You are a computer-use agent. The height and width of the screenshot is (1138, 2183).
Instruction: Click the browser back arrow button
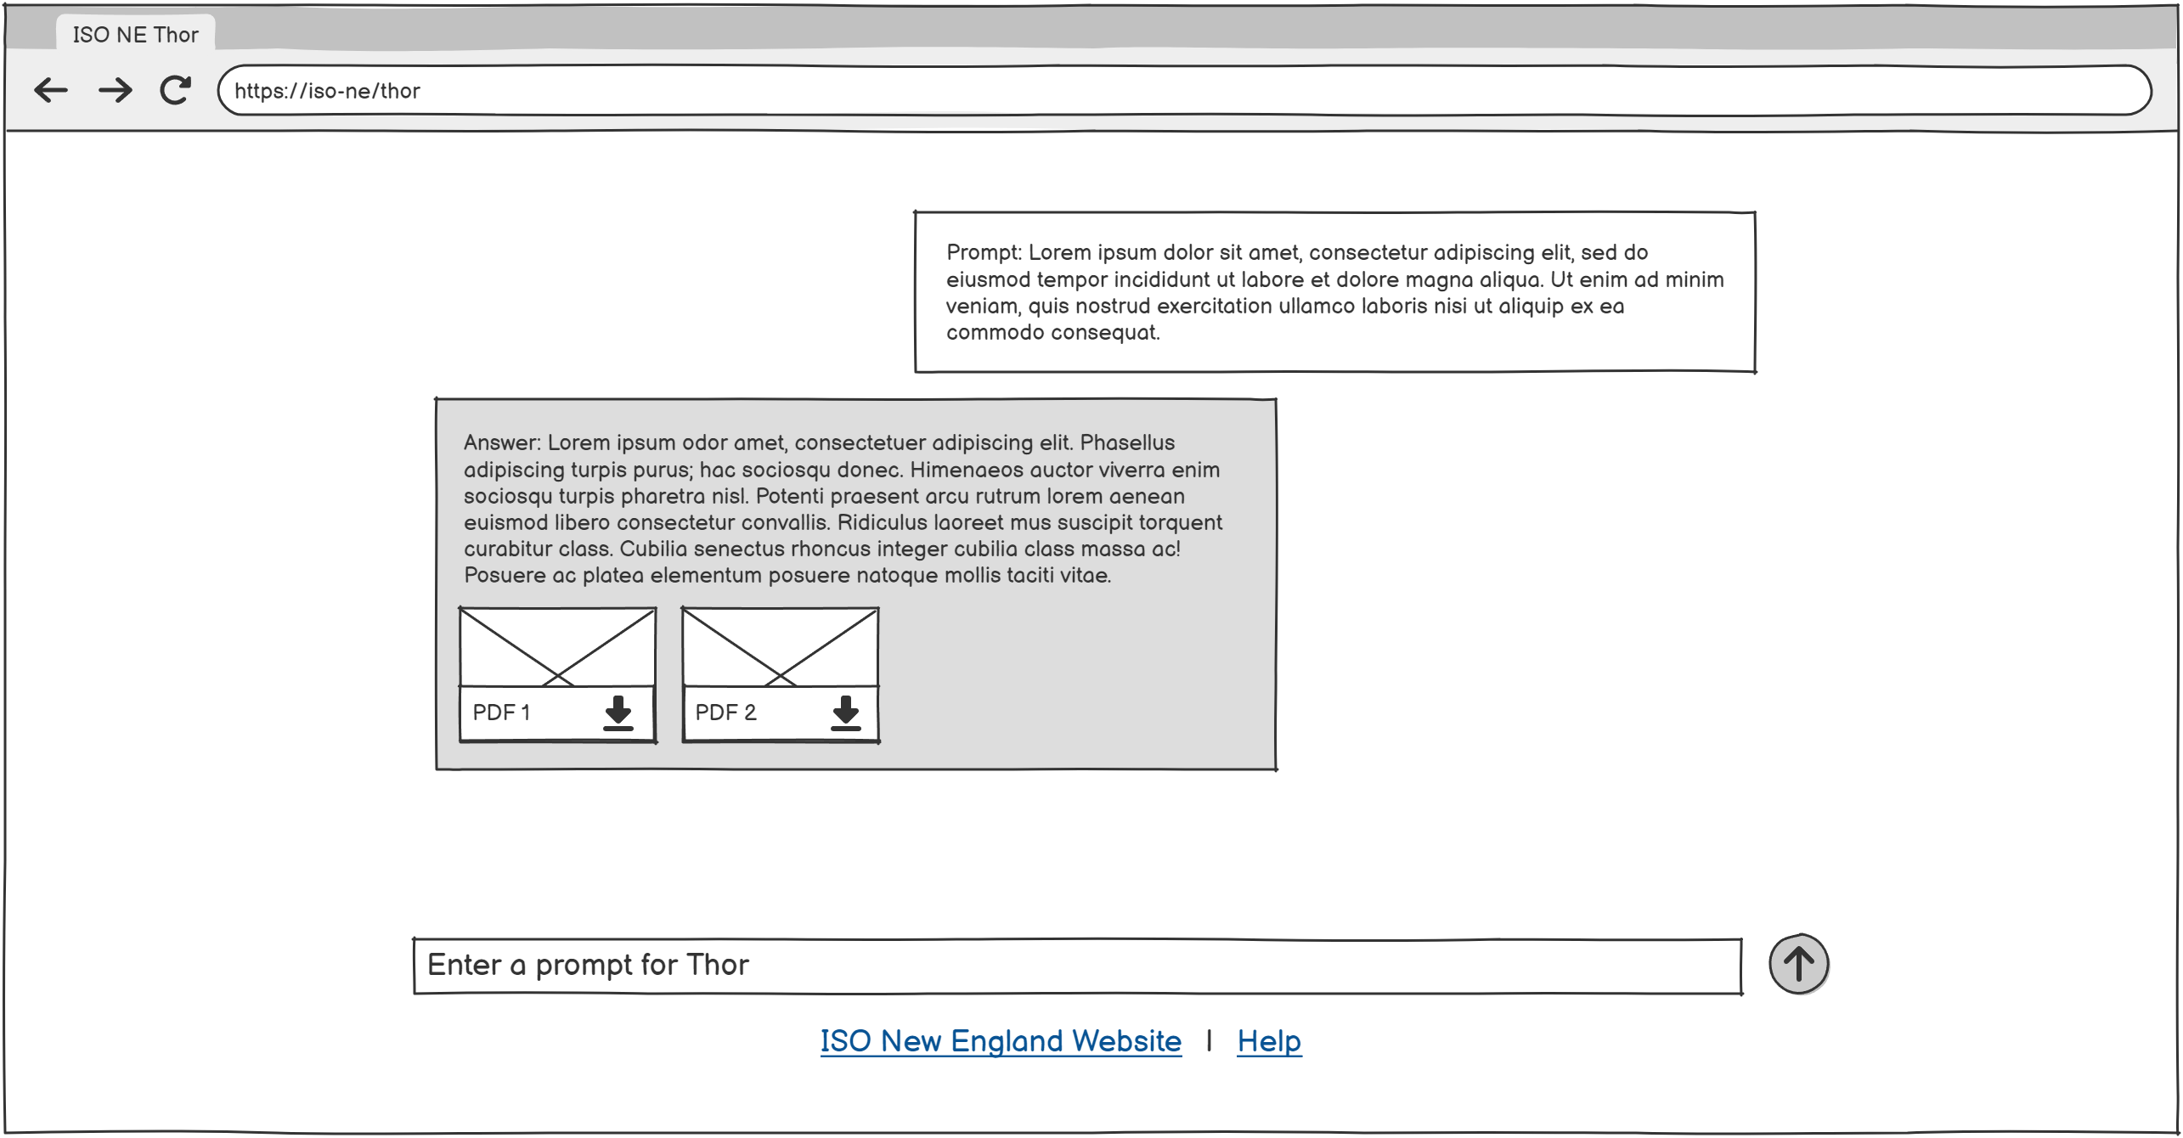pos(51,90)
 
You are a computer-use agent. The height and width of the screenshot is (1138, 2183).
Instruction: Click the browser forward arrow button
pos(115,90)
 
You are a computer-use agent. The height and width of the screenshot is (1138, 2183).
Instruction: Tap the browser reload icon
pos(176,90)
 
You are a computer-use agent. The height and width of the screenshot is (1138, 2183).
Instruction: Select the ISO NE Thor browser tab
pos(135,35)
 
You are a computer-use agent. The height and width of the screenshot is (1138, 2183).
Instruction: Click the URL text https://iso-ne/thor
pos(327,91)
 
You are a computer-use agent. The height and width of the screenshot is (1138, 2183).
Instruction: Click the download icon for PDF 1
pos(618,713)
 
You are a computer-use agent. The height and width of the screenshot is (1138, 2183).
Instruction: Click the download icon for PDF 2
pos(846,713)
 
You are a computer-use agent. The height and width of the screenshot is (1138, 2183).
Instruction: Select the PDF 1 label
pos(501,713)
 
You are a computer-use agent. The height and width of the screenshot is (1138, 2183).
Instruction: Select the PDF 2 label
pos(725,713)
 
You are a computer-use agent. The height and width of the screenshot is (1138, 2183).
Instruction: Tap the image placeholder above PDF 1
pos(557,647)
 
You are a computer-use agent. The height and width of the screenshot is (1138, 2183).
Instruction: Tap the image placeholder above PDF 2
pos(781,647)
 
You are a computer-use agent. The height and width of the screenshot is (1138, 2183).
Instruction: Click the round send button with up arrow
pos(1799,964)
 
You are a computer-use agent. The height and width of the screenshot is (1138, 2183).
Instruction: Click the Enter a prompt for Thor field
pos(1077,966)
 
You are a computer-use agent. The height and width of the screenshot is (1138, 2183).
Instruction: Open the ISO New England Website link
pos(1001,1041)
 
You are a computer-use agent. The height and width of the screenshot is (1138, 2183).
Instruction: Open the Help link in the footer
pos(1269,1041)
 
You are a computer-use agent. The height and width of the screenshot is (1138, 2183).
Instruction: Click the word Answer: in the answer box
pos(502,442)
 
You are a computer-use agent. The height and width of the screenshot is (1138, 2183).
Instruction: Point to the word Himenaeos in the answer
pos(967,470)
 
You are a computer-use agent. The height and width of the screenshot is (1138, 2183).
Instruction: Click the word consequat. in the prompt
pos(1106,333)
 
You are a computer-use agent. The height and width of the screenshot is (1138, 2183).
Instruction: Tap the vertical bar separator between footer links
pos(1209,1040)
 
